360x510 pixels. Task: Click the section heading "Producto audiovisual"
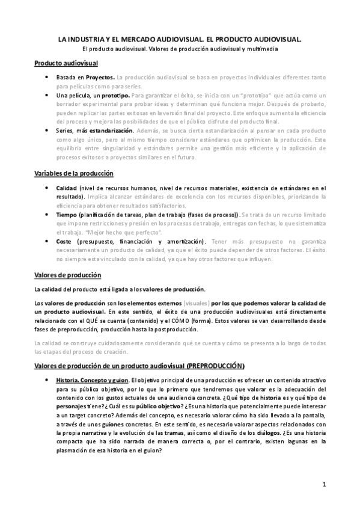tap(66, 63)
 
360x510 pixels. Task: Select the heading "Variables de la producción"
tap(73, 174)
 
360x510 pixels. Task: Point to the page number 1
tap(324, 484)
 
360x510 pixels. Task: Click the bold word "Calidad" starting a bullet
tap(66, 188)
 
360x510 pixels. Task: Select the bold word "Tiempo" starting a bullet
tap(66, 214)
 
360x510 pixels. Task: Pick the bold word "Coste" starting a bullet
tap(64, 241)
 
